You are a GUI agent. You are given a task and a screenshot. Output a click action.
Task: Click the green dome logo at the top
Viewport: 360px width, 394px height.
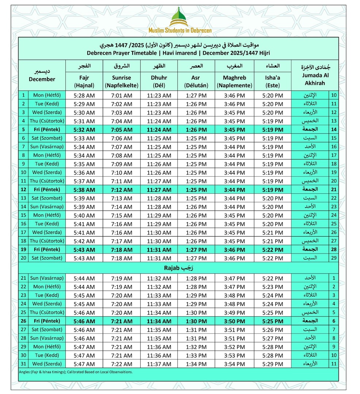coord(180,16)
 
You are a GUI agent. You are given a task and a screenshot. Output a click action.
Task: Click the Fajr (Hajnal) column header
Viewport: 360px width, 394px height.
coord(84,81)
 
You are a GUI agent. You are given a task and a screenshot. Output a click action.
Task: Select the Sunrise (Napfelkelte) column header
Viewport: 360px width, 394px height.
coord(122,81)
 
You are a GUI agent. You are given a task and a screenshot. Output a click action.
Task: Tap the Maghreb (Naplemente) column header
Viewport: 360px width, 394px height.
coord(234,81)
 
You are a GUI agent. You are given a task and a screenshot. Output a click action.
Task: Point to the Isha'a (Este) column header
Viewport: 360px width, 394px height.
coord(272,81)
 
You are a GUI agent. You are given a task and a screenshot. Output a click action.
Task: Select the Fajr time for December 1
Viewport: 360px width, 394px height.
coord(84,96)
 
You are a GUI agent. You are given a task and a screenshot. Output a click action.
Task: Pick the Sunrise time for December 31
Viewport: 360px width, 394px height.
coord(122,364)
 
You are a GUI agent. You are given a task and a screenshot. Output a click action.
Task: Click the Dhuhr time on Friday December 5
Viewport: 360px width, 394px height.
coord(159,130)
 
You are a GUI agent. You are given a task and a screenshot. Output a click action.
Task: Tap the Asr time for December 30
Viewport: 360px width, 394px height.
coord(197,355)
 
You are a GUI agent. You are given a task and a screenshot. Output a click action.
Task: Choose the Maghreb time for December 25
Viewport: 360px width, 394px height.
coord(234,313)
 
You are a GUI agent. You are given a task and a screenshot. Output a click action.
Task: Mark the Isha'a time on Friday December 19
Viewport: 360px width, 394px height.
coord(272,250)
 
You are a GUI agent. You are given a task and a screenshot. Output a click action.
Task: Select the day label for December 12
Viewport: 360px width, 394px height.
coord(47,190)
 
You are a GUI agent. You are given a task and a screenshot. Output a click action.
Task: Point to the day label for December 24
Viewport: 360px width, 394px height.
coord(47,304)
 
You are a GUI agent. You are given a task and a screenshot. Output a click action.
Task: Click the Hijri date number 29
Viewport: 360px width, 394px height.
coord(333,258)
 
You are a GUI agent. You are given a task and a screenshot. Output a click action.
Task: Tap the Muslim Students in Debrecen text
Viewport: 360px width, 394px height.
coord(180,31)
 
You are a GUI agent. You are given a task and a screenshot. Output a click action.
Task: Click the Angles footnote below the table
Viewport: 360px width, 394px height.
coord(76,372)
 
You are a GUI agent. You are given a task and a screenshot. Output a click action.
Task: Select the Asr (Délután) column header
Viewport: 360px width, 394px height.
coord(197,81)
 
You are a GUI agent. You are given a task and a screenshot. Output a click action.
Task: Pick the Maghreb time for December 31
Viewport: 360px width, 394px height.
coord(234,364)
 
